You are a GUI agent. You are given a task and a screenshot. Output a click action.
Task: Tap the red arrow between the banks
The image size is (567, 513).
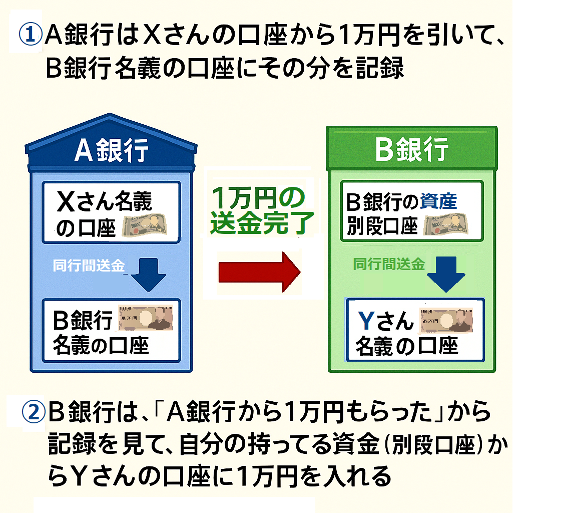click(259, 271)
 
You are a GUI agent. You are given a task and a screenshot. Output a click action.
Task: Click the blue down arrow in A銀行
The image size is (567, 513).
click(150, 274)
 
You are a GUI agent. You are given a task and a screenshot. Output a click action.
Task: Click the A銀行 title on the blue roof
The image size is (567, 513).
click(111, 151)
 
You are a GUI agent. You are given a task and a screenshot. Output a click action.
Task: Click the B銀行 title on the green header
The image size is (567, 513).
click(411, 150)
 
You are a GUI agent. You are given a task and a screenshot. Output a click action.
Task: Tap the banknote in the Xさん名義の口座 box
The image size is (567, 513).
click(145, 226)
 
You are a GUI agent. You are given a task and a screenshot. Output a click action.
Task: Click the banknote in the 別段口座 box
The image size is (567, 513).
click(446, 226)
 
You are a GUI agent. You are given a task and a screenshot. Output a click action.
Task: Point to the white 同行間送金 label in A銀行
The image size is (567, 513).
click(89, 266)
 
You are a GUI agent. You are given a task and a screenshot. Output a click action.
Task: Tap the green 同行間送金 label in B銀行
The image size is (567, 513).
click(389, 264)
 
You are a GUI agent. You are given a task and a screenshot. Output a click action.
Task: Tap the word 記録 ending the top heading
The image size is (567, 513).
click(380, 69)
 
